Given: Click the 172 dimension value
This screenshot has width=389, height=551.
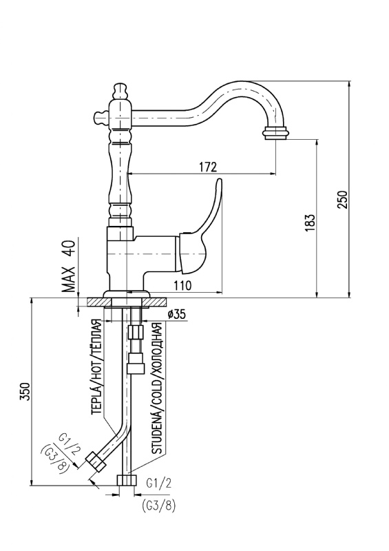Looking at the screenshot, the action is click(x=208, y=167).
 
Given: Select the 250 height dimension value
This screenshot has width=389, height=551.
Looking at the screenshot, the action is click(x=342, y=199).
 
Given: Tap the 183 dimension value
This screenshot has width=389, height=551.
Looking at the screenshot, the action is click(x=310, y=222).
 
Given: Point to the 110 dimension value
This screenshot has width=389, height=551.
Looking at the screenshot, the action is click(x=182, y=285).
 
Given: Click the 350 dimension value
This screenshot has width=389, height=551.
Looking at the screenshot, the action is click(x=25, y=391).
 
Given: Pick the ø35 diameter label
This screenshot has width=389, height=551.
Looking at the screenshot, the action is click(x=176, y=314).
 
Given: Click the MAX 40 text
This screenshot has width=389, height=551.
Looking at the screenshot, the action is click(x=69, y=266).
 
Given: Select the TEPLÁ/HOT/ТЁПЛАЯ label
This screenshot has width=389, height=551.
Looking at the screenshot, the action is click(x=96, y=367).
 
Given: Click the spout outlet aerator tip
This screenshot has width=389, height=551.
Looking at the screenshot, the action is click(x=277, y=134).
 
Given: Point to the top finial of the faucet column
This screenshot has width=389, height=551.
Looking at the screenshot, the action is click(x=120, y=91).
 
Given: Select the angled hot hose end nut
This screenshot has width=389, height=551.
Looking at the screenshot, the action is click(x=96, y=461).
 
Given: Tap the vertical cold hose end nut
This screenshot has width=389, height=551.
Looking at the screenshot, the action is click(x=127, y=480).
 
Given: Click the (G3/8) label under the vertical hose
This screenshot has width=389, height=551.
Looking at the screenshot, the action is click(x=159, y=506).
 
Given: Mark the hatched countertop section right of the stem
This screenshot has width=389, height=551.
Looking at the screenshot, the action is click(x=156, y=302).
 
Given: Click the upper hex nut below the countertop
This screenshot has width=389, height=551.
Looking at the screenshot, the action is click(x=136, y=332).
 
